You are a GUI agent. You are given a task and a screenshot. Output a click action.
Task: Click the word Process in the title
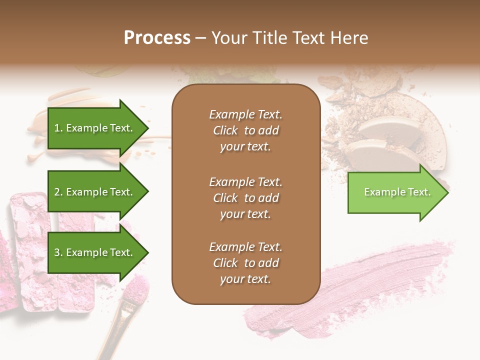[x=157, y=37]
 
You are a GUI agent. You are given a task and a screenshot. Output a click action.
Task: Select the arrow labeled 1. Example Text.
[x=95, y=128]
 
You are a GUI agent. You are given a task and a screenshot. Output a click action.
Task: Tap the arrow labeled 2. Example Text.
[x=95, y=192]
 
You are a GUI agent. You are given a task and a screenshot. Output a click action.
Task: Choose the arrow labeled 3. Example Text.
[x=95, y=252]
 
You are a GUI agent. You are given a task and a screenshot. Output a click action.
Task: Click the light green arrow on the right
[x=395, y=192]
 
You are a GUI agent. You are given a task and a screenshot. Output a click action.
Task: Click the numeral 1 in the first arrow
[x=56, y=128]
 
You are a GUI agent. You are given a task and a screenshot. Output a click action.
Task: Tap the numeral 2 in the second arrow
[x=57, y=192]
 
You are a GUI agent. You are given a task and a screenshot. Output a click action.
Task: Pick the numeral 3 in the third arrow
[x=57, y=252]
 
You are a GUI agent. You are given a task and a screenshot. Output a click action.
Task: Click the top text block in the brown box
[x=245, y=130]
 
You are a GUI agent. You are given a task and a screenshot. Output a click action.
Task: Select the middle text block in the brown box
[x=245, y=198]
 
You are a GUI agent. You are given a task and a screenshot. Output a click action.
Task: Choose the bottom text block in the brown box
[x=245, y=263]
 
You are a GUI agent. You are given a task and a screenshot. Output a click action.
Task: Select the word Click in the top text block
[x=225, y=130]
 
